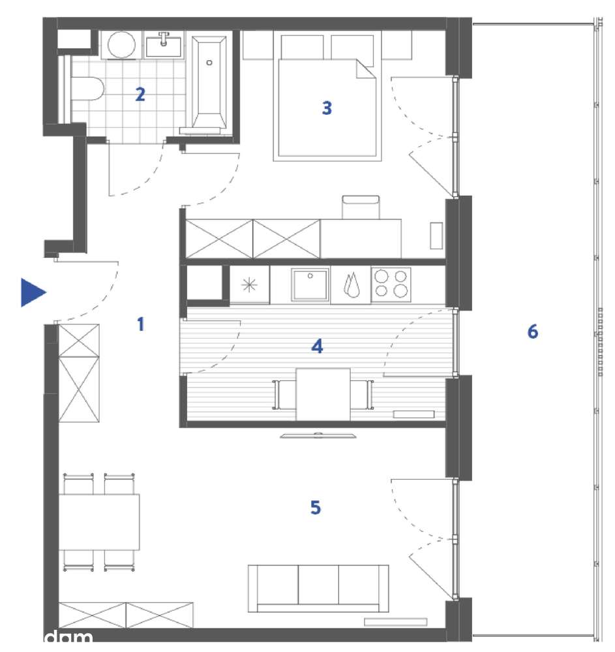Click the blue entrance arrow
[32, 292]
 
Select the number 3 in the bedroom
[327, 108]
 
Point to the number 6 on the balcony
[533, 332]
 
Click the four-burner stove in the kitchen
[391, 285]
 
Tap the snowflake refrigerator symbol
[249, 285]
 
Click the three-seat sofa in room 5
[318, 588]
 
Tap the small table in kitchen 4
[323, 394]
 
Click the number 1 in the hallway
[140, 324]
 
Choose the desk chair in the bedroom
[360, 206]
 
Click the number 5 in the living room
[316, 508]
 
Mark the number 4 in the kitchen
[317, 346]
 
